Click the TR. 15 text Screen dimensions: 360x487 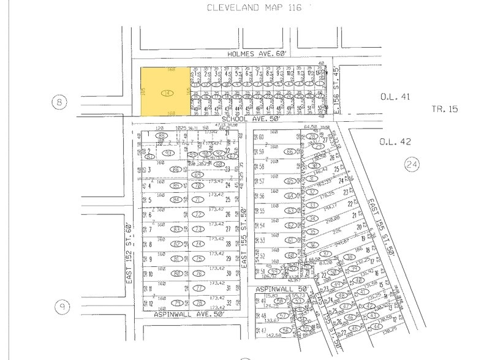coord(445,110)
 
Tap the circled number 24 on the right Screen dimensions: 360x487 coord(411,164)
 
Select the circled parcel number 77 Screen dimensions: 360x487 coord(198,288)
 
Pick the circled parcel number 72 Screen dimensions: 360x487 coord(198,215)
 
